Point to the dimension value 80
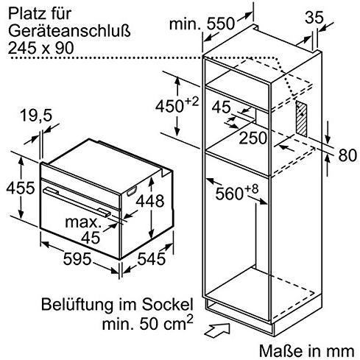[x=345, y=157]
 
